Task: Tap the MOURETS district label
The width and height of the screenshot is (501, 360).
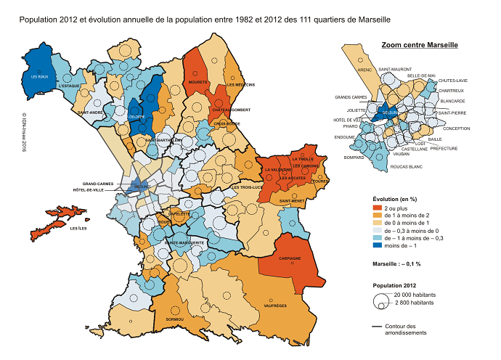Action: click(x=198, y=83)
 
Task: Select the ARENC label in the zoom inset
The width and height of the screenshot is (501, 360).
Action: click(x=364, y=70)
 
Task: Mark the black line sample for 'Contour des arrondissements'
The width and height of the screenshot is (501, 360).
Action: click(x=381, y=327)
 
